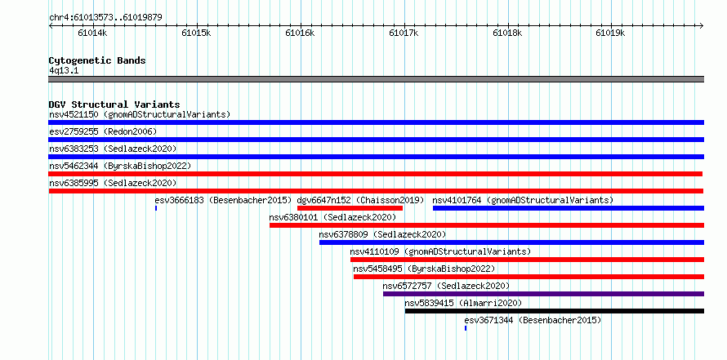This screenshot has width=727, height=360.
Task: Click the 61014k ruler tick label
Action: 93,33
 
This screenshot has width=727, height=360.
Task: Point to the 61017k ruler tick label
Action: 404,33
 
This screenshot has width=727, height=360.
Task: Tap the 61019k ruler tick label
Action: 611,33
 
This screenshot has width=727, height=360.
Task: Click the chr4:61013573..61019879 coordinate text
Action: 105,18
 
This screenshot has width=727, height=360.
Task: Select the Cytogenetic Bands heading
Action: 97,60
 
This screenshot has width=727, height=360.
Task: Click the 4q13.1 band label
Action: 64,71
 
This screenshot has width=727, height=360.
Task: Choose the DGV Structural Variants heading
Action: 114,104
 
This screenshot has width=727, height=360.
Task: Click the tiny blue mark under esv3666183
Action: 156,208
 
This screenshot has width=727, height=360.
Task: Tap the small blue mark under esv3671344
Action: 466,328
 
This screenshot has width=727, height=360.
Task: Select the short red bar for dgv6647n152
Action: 350,208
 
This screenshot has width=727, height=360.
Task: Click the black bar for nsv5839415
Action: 555,311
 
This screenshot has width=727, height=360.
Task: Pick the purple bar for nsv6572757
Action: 543,294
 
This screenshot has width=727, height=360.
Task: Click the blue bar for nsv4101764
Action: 569,208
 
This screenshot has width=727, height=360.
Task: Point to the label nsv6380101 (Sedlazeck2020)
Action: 332,217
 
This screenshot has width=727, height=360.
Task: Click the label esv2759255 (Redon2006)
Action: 103,131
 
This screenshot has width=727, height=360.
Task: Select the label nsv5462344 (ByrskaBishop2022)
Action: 120,166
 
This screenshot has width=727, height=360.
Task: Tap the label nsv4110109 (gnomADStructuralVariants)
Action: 440,251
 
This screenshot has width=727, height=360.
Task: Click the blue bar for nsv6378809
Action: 512,242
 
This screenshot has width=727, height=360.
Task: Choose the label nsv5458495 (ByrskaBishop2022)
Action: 424,269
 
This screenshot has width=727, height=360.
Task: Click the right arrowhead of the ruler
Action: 702,25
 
